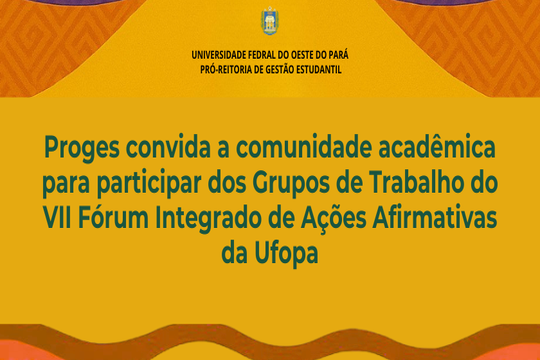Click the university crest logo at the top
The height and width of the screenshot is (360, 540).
click(270, 21)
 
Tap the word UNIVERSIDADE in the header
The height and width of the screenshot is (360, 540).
click(219, 55)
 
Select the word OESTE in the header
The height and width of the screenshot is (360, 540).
click(301, 55)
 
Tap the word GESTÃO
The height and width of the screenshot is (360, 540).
click(278, 70)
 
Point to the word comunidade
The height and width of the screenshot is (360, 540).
click(304, 146)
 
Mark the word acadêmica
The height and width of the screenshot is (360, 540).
click(436, 146)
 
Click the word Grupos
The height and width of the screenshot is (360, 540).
click(291, 184)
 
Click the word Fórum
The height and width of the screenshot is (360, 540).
click(113, 217)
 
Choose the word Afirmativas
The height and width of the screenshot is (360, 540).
click(435, 218)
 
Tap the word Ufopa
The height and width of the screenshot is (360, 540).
click(286, 255)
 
